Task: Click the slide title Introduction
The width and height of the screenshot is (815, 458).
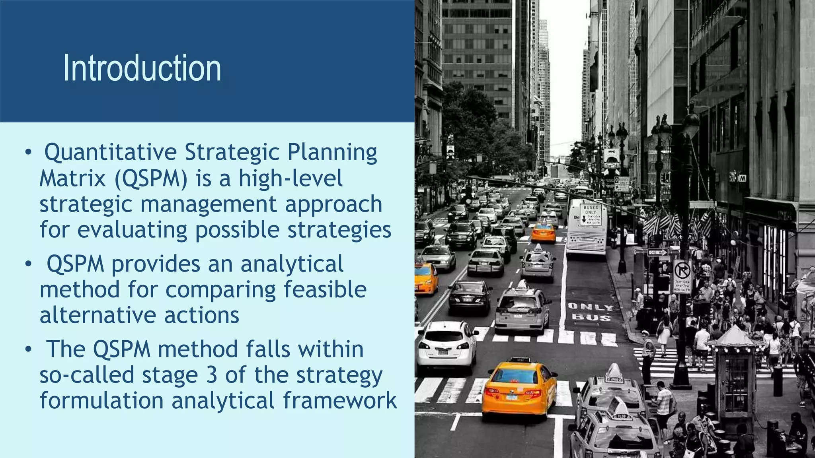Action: (142, 68)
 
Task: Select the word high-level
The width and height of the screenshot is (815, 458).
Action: (291, 179)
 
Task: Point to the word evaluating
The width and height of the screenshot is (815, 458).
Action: (132, 230)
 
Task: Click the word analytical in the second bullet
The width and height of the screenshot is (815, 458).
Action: (292, 264)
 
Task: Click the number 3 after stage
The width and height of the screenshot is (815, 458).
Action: (212, 375)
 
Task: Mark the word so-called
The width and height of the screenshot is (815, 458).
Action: (86, 375)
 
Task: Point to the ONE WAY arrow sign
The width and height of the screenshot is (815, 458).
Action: (657, 252)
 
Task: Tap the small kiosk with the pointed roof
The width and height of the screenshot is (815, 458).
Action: (735, 370)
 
